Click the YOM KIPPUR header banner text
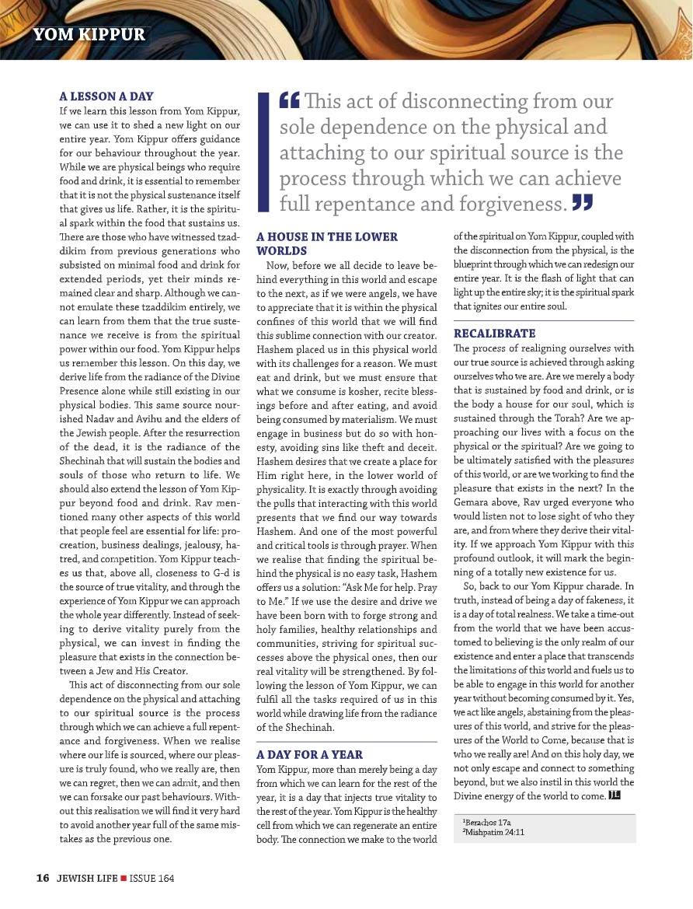[89, 36]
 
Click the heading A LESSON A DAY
[106, 96]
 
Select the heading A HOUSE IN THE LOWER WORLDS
[326, 243]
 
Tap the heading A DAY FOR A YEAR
[309, 754]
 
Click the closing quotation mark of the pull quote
[582, 204]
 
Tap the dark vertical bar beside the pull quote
[263, 152]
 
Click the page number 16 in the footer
[43, 878]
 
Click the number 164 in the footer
[163, 878]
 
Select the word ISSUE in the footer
[140, 878]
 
